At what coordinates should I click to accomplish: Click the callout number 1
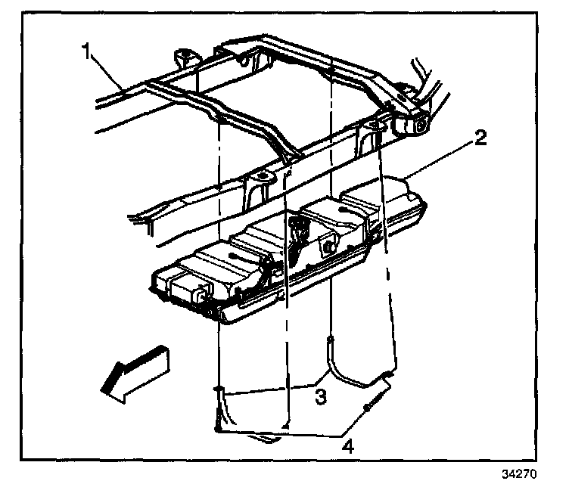coord(88,53)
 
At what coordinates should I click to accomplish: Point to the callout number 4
coord(347,447)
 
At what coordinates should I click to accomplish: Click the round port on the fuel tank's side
coord(330,246)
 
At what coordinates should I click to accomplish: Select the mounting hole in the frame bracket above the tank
coord(262,178)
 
